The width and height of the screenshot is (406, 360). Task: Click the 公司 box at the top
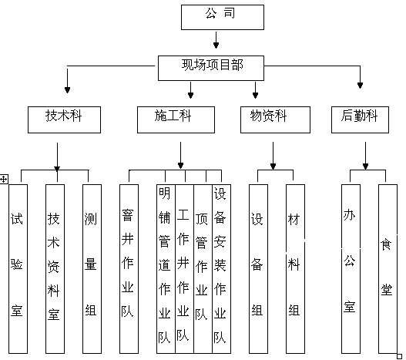tap(223, 17)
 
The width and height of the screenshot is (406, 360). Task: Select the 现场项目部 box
tap(211, 68)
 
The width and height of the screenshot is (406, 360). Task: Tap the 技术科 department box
tap(64, 119)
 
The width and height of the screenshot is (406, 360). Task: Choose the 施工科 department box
tap(176, 119)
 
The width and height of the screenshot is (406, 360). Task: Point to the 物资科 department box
tap(275, 119)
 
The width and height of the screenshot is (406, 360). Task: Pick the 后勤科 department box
tap(360, 119)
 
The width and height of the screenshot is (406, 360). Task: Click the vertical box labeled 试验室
tap(18, 269)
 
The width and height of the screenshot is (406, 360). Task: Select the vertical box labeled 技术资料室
tap(55, 269)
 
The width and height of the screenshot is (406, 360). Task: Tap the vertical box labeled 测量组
tap(92, 269)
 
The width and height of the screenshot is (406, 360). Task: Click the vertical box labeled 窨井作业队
tap(129, 269)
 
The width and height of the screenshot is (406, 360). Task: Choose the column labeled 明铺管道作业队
tap(166, 269)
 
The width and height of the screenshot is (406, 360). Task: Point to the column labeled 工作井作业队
tap(184, 269)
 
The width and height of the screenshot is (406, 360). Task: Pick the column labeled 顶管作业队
tap(203, 269)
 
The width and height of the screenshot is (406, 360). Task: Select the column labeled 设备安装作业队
tap(221, 269)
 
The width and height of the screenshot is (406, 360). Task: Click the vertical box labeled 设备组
tap(258, 269)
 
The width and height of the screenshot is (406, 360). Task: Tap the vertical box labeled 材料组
tap(295, 269)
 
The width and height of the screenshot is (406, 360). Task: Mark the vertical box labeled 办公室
tap(351, 269)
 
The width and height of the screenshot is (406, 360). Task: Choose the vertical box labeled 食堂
tap(388, 269)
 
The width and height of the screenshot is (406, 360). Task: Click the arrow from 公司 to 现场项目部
tap(216, 40)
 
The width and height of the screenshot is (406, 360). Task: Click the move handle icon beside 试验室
tap(4, 179)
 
